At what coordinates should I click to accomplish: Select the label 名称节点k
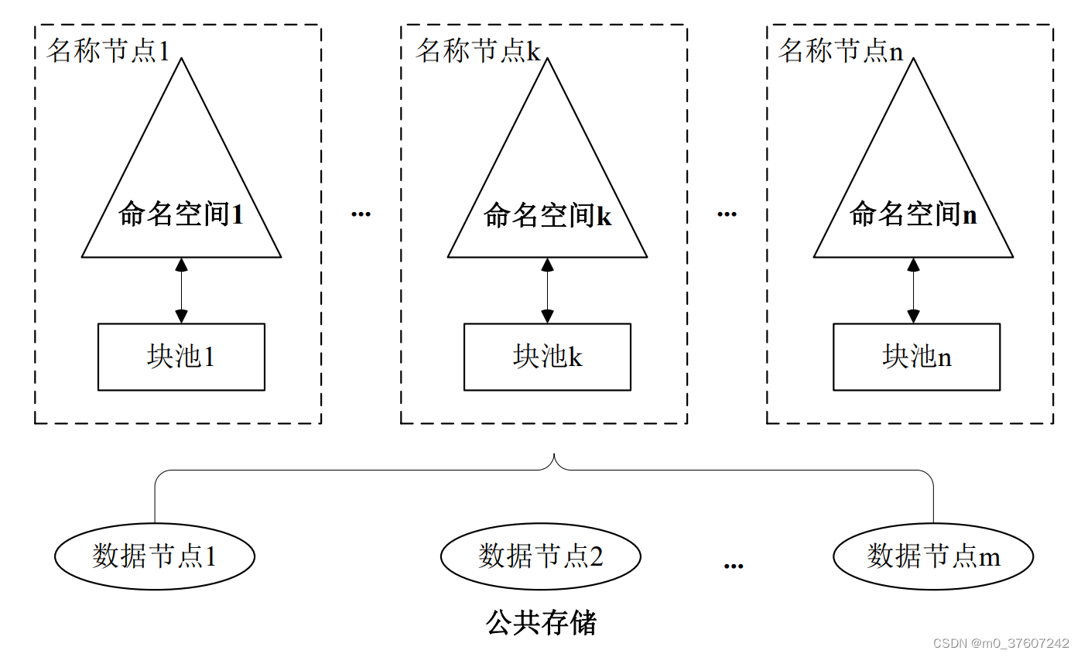tap(477, 51)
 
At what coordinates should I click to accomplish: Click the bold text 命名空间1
tap(181, 214)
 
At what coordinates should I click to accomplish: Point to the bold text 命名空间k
tap(547, 215)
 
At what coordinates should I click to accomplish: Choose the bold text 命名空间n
tap(913, 214)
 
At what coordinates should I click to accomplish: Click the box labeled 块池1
tap(181, 357)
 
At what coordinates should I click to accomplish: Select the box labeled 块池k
tap(547, 357)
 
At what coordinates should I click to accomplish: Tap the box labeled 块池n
tap(916, 357)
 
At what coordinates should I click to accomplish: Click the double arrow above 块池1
tap(181, 290)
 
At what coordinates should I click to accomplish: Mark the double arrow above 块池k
tap(547, 290)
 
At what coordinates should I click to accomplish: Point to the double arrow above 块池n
tap(913, 290)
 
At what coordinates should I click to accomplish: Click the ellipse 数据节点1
tap(155, 556)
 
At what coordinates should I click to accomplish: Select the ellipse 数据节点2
tap(540, 556)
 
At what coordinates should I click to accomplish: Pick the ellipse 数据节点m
tap(933, 556)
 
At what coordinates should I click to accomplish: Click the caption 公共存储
tap(542, 622)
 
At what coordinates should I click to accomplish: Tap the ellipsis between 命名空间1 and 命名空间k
tap(361, 214)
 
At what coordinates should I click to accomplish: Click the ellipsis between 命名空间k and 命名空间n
tap(727, 214)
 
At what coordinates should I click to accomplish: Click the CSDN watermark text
tap(1001, 644)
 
